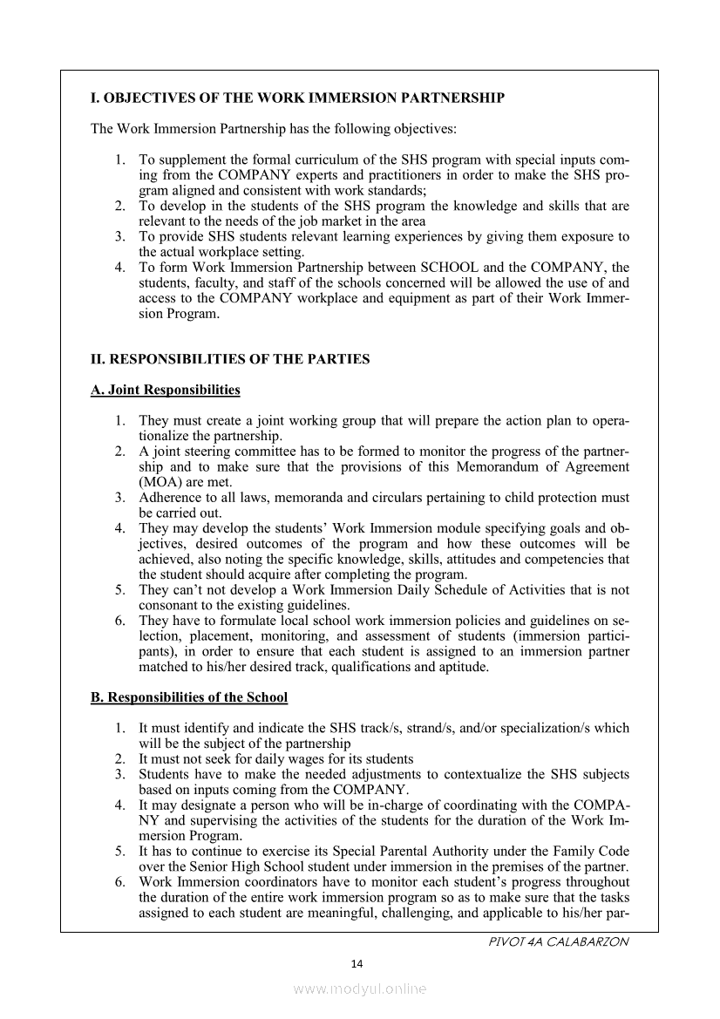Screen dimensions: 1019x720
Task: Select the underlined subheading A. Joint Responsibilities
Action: [x=166, y=390]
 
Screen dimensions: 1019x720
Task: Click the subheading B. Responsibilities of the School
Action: [x=189, y=697]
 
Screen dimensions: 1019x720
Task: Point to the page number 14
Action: [x=356, y=963]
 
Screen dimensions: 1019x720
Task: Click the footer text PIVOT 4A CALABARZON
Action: [x=559, y=942]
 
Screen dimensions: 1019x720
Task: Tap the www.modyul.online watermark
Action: [x=360, y=989]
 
